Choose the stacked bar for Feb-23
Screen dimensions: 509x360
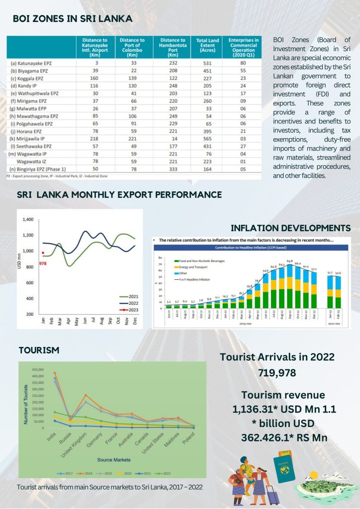(x=338, y=298)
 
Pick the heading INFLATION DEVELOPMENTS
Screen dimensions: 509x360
(x=290, y=228)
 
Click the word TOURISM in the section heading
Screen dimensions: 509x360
(x=39, y=350)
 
